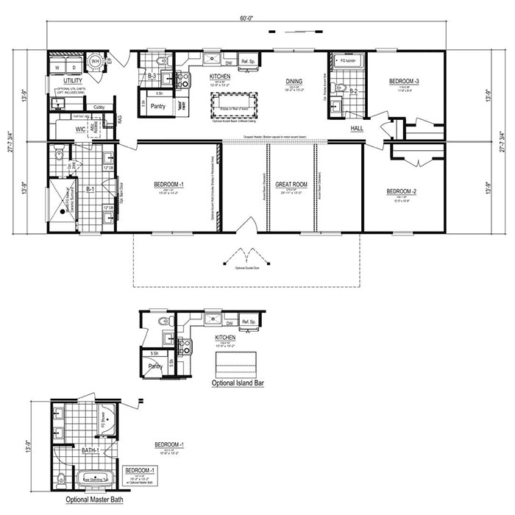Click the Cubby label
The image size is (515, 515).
[x=99, y=108]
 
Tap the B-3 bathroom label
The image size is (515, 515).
[x=152, y=76]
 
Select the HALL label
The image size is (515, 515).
[x=356, y=128]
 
